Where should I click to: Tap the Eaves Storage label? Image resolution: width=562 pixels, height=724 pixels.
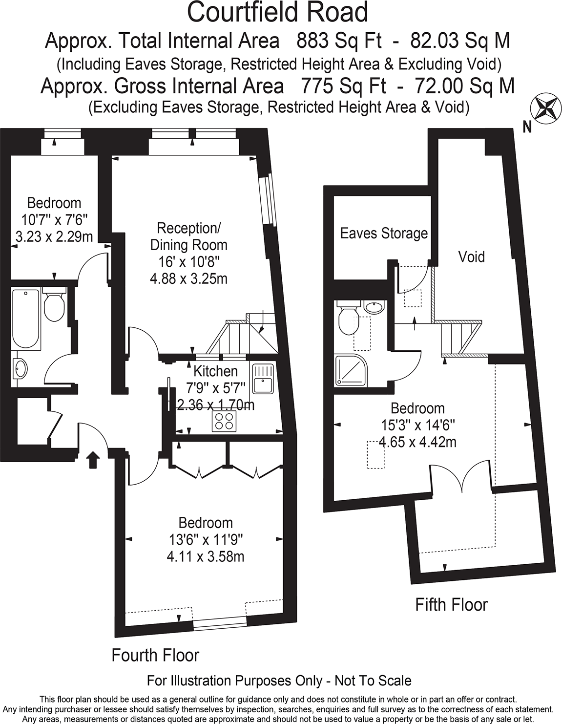(x=384, y=233)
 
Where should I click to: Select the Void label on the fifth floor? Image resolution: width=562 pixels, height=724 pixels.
(x=471, y=256)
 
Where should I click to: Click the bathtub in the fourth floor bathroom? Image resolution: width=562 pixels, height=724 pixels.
(x=25, y=318)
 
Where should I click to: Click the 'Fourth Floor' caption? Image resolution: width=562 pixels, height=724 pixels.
(x=155, y=655)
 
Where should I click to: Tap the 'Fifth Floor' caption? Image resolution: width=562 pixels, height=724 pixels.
(x=451, y=605)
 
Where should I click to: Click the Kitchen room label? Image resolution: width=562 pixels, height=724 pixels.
(x=215, y=371)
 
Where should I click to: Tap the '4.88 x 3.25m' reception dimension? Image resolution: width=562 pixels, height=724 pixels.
(x=188, y=278)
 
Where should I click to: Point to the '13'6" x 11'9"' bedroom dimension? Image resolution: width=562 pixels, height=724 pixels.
(x=206, y=540)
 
